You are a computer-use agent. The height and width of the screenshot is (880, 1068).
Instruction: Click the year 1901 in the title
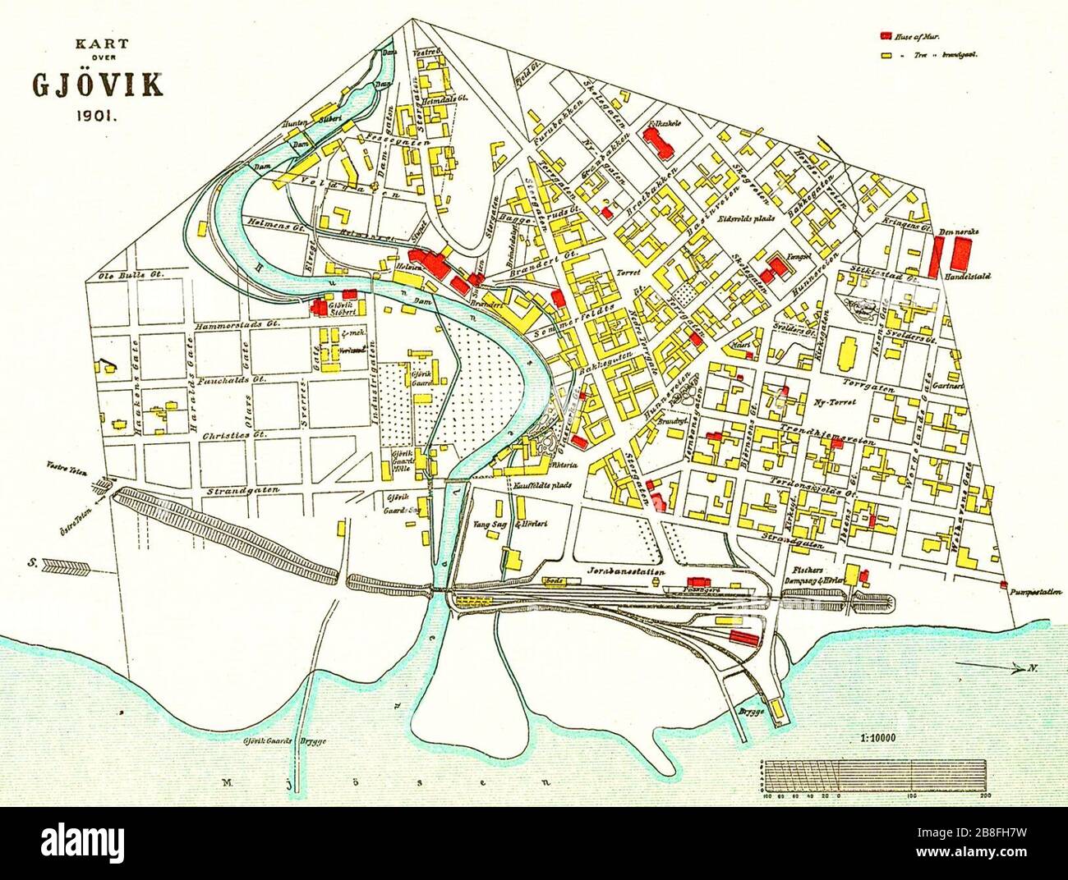click(x=97, y=116)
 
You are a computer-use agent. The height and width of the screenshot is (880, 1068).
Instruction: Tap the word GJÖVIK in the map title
click(x=97, y=85)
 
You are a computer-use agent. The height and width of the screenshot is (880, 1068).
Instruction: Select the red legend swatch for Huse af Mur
click(x=886, y=37)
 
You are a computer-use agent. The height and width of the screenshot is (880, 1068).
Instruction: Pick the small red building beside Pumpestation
click(x=1004, y=584)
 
